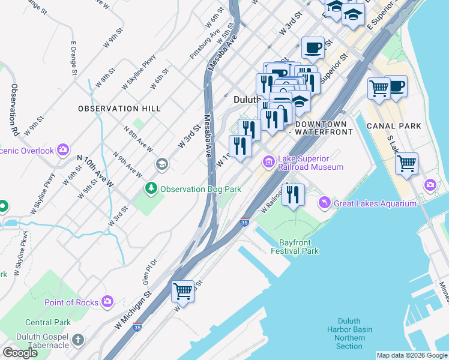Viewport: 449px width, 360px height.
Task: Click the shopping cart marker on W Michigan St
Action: coord(183,292)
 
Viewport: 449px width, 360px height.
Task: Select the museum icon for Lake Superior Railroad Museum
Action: coord(268,162)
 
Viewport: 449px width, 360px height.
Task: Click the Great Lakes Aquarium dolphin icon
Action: coord(325,203)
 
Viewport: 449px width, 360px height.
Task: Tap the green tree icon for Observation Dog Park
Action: coord(151,189)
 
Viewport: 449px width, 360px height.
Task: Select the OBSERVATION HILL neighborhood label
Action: coord(119,109)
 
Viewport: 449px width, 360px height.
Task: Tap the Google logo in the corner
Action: coord(20,353)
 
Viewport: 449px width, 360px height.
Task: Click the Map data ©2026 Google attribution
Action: coord(411,355)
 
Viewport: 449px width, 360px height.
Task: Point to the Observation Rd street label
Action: coord(15,109)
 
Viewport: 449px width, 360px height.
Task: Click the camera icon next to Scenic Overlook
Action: coord(64,151)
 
